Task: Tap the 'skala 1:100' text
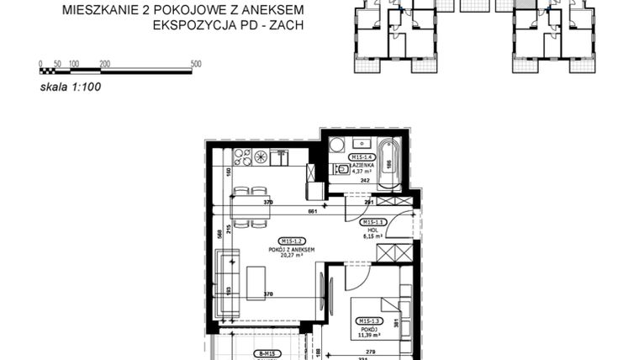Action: [x=71, y=85]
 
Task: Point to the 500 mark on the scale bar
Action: [x=196, y=64]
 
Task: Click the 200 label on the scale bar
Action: [x=104, y=64]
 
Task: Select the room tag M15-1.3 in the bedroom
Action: [x=371, y=320]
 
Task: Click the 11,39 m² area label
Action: [x=371, y=333]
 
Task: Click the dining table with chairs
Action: [x=249, y=206]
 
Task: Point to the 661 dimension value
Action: [x=312, y=211]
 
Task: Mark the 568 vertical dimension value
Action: [x=217, y=233]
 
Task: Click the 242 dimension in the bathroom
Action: [x=366, y=180]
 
